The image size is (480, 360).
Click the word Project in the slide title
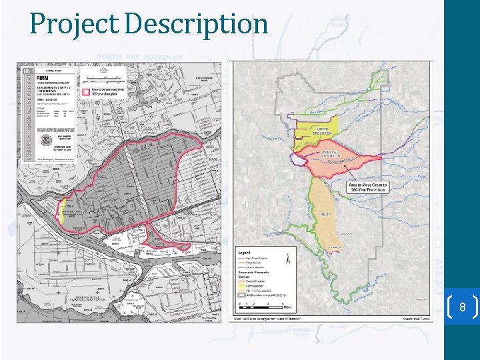(x=74, y=24)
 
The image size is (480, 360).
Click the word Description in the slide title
(x=196, y=24)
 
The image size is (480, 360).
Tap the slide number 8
(x=461, y=308)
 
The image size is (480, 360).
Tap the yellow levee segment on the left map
(x=61, y=211)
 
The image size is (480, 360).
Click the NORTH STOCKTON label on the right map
(x=322, y=130)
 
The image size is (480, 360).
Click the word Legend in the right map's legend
(x=244, y=253)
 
